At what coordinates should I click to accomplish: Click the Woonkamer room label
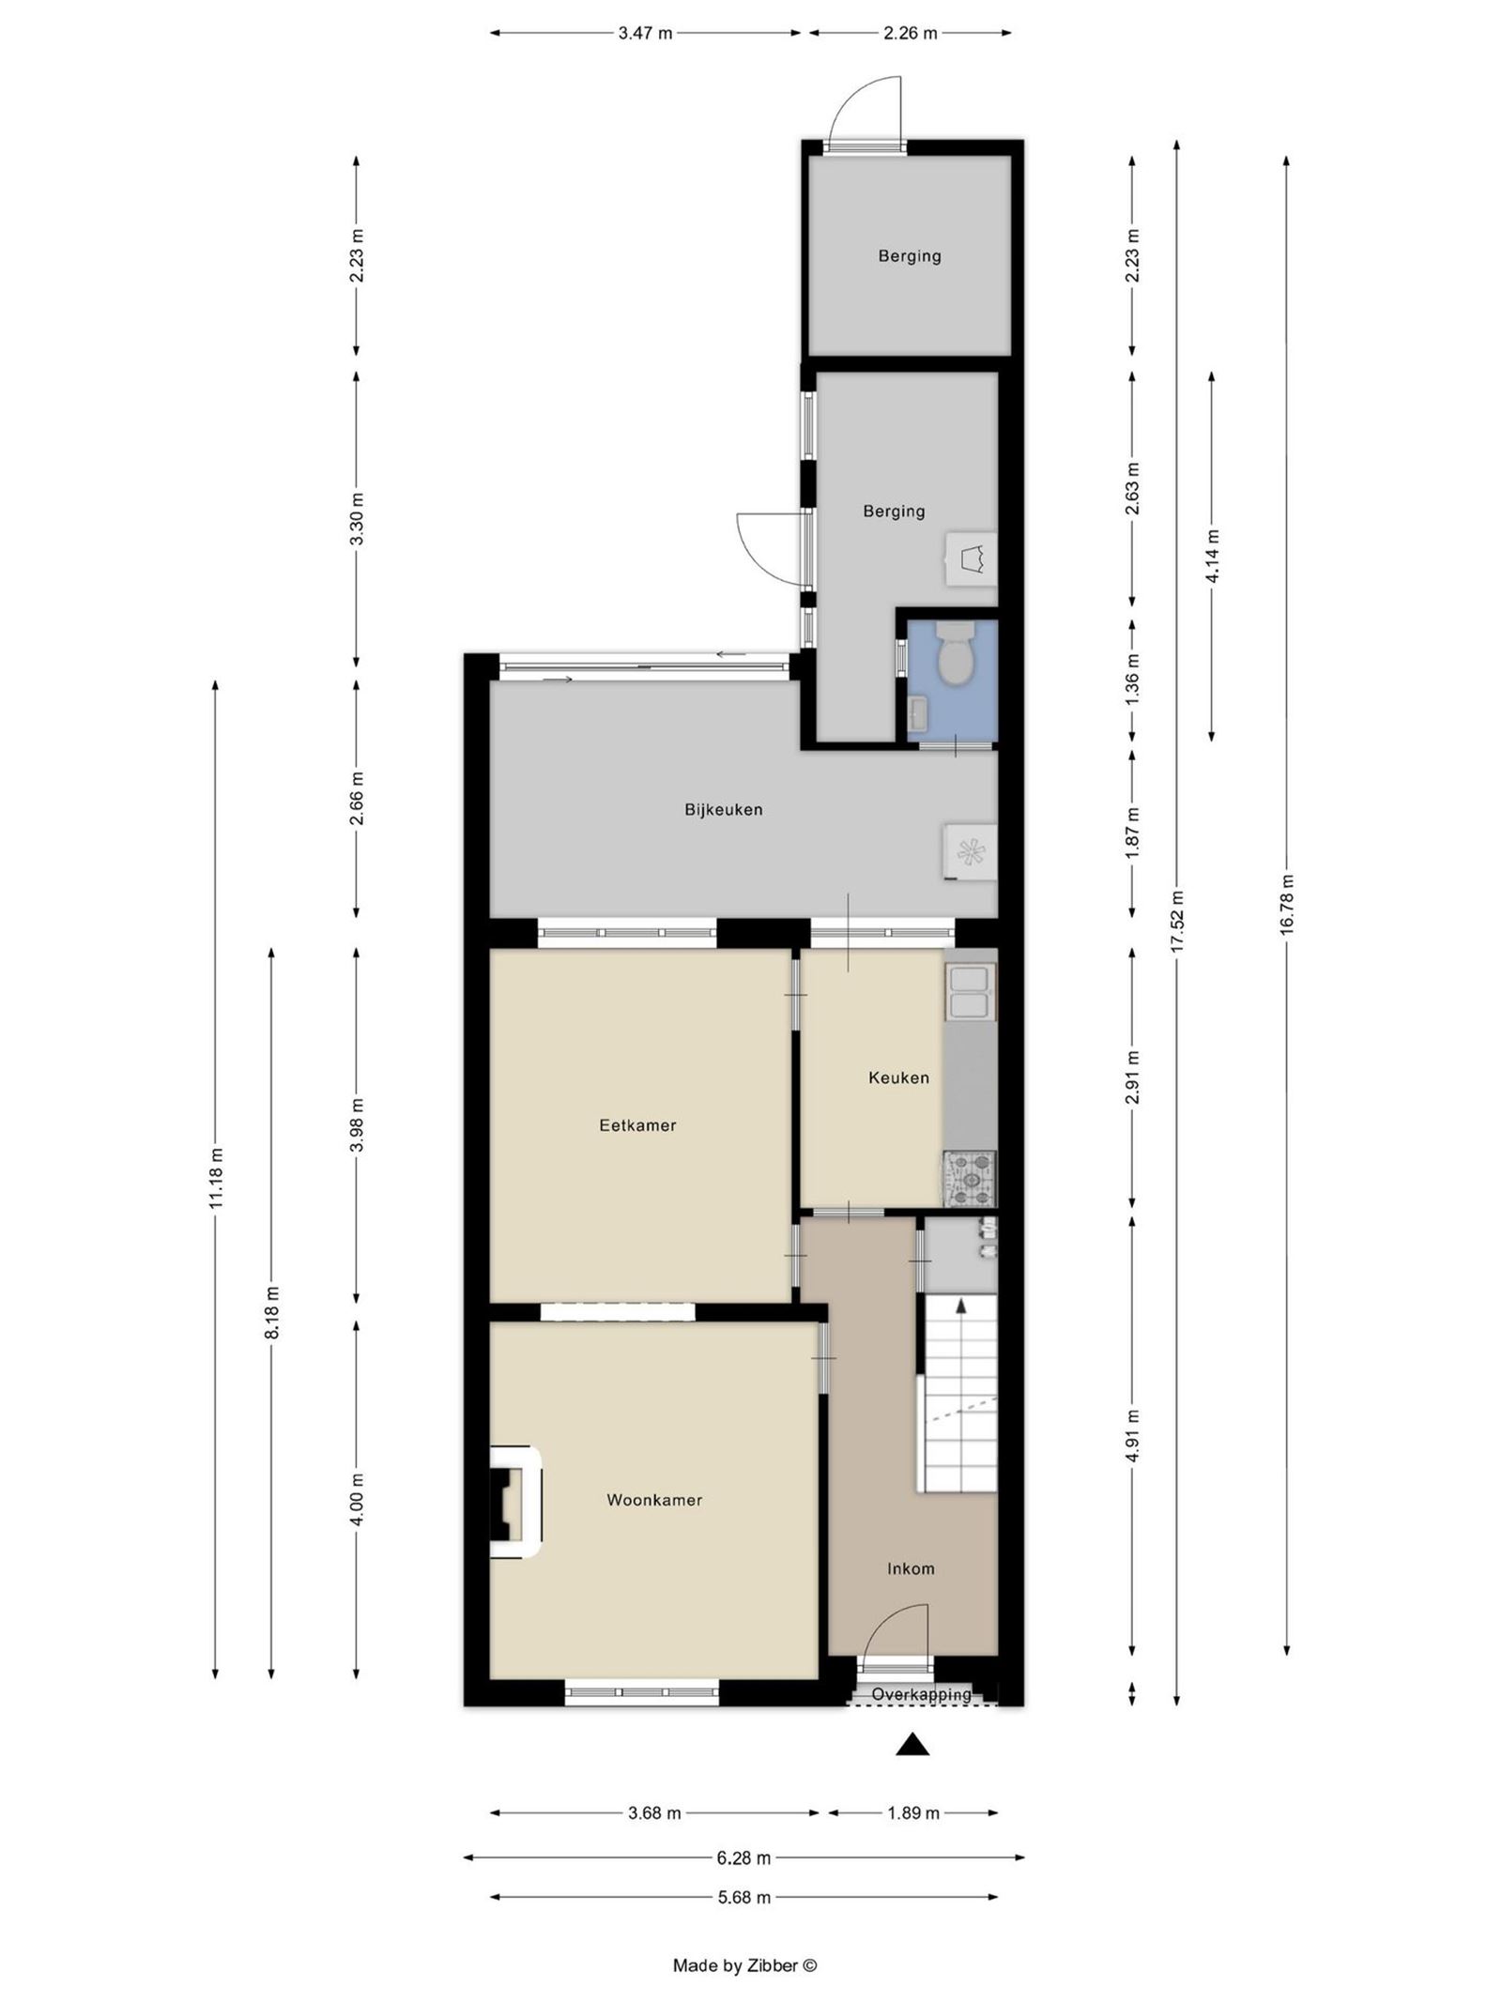pyautogui.click(x=653, y=1500)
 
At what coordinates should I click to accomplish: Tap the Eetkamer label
pyautogui.click(x=637, y=1124)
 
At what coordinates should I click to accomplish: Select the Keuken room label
pyautogui.click(x=897, y=1077)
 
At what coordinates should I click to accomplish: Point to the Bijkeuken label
pyautogui.click(x=723, y=809)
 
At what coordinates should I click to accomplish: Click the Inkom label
pyautogui.click(x=911, y=1568)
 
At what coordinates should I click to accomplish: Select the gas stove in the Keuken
pyautogui.click(x=970, y=1178)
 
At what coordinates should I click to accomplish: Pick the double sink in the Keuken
pyautogui.click(x=970, y=992)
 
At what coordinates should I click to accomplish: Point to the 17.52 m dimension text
pyautogui.click(x=1177, y=921)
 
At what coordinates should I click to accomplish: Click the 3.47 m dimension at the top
pyautogui.click(x=645, y=33)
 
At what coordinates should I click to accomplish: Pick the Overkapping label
pyautogui.click(x=921, y=1694)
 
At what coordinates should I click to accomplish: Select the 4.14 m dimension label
pyautogui.click(x=1212, y=556)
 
